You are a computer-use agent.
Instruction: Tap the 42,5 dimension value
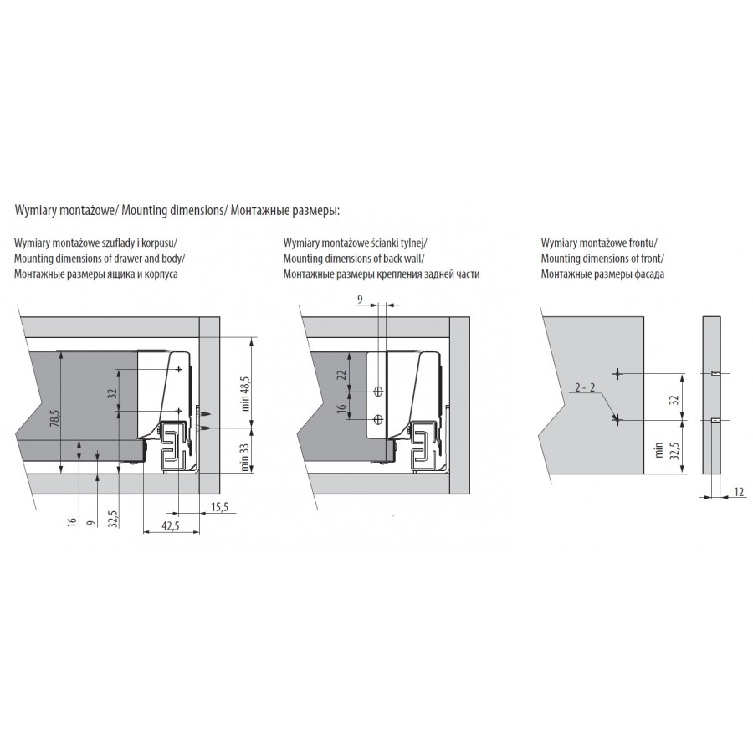point(170,525)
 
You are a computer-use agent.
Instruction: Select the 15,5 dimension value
point(219,507)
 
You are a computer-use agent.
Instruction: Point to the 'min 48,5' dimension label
point(246,393)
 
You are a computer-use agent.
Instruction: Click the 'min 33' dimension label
point(245,457)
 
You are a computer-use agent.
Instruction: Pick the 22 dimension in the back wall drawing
point(341,375)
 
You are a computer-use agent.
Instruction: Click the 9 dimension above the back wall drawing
point(360,300)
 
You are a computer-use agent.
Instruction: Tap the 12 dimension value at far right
point(739,492)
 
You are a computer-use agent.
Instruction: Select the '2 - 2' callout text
point(585,387)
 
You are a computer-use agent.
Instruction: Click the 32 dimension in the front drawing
point(674,399)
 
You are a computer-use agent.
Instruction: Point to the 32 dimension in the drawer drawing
point(112,394)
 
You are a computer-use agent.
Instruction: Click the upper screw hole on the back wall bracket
point(378,392)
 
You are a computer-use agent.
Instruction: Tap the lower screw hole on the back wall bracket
point(378,419)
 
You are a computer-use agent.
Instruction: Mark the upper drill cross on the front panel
point(617,373)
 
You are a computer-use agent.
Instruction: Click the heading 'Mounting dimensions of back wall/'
point(354,259)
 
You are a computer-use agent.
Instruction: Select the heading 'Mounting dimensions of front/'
point(602,259)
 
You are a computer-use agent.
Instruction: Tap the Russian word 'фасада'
point(648,274)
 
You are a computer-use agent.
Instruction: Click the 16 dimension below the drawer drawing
point(72,521)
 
